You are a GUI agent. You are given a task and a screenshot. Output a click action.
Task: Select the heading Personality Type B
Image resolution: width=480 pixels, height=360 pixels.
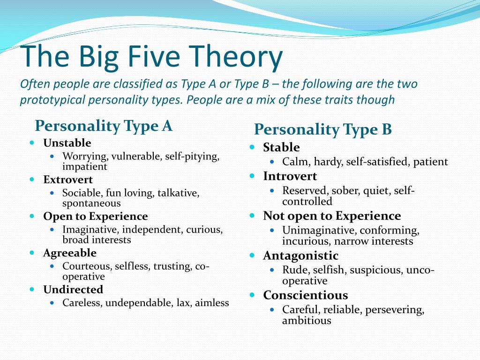pyautogui.click(x=323, y=130)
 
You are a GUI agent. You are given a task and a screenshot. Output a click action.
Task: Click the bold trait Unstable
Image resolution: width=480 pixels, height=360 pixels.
pyautogui.click(x=67, y=143)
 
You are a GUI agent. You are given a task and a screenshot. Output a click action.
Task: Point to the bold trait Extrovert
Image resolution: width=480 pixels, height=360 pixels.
pyautogui.click(x=68, y=180)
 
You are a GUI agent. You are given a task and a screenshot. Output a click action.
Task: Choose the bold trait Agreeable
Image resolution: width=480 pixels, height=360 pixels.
pyautogui.click(x=70, y=253)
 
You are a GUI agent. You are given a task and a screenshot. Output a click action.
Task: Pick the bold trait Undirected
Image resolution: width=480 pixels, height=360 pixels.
pyautogui.click(x=73, y=290)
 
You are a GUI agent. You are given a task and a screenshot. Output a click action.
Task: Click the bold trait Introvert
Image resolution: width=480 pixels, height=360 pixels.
pyautogui.click(x=290, y=176)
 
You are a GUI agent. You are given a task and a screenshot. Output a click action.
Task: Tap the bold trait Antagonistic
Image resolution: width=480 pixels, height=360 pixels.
pyautogui.click(x=300, y=256)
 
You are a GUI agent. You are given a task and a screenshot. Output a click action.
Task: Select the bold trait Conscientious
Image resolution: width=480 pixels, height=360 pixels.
pyautogui.click(x=306, y=295)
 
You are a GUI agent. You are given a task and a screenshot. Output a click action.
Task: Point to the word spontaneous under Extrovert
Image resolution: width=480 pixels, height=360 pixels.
pyautogui.click(x=91, y=203)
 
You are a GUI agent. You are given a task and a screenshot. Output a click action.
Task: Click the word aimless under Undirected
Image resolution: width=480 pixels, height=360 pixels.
pyautogui.click(x=212, y=303)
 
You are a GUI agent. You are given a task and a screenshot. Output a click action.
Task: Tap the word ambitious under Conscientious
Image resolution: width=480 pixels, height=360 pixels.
pyautogui.click(x=307, y=321)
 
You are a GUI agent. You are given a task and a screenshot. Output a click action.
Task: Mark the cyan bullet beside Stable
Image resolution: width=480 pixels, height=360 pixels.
pyautogui.click(x=252, y=147)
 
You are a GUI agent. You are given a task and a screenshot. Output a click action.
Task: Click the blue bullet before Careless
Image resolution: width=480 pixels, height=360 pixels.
pyautogui.click(x=52, y=303)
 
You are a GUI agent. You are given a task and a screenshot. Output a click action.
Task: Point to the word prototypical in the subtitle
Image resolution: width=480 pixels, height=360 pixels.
pyautogui.click(x=52, y=100)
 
